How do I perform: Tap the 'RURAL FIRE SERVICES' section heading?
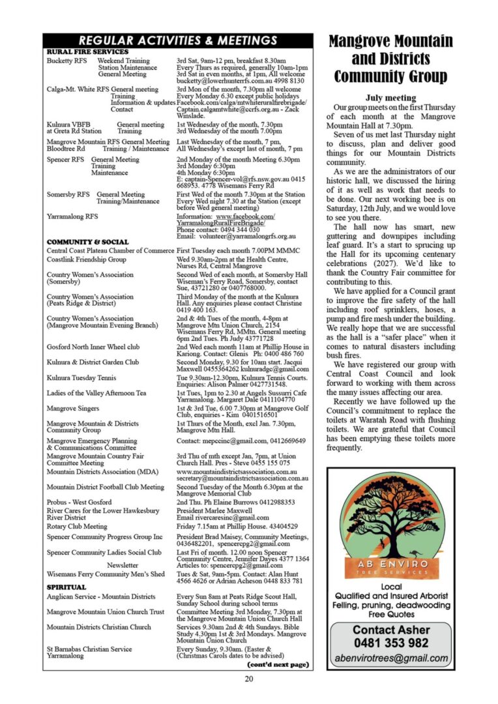click(x=87, y=51)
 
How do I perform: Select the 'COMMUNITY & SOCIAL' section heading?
click(x=87, y=242)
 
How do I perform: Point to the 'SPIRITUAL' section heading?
click(x=66, y=587)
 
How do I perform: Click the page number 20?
click(x=249, y=679)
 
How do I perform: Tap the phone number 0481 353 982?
click(x=391, y=643)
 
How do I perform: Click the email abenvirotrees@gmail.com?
click(x=391, y=658)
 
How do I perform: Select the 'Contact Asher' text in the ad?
click(x=391, y=630)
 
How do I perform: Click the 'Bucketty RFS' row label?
click(x=67, y=61)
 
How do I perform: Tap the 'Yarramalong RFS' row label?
click(x=72, y=216)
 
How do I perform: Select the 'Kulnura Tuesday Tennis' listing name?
click(x=81, y=377)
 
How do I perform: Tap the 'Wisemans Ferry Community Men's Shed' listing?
click(x=106, y=574)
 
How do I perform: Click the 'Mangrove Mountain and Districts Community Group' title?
click(x=390, y=59)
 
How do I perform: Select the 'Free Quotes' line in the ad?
click(x=391, y=614)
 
